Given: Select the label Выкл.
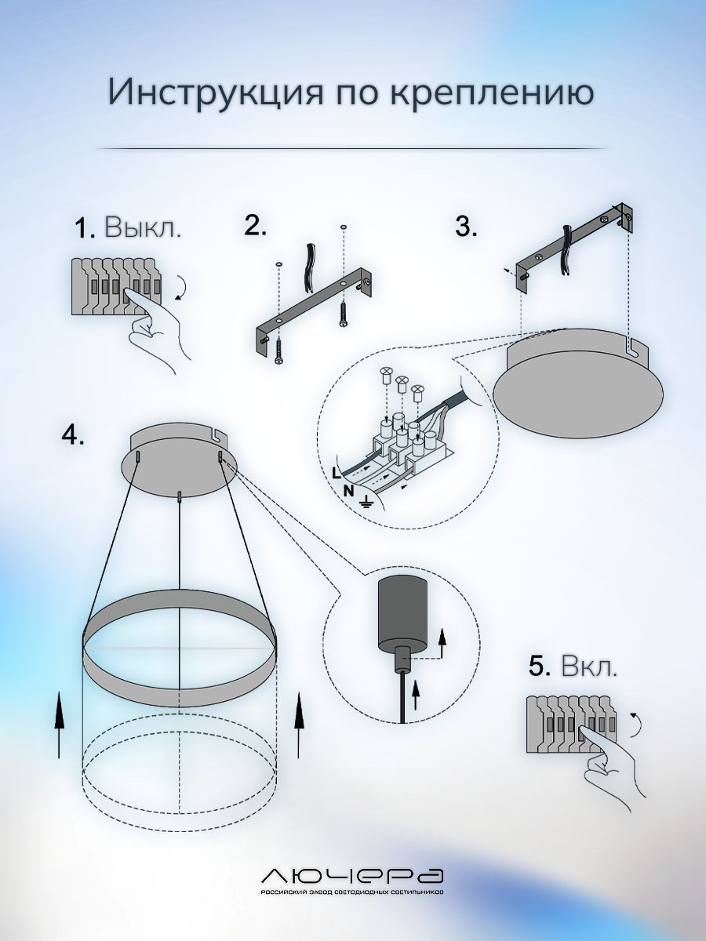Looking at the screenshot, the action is pyautogui.click(x=142, y=227).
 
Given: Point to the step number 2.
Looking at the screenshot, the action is pyautogui.click(x=255, y=225).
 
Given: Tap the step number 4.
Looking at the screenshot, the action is pyautogui.click(x=73, y=435).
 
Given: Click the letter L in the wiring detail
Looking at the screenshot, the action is pyautogui.click(x=337, y=474).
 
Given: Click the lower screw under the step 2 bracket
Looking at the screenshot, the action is pyautogui.click(x=279, y=351).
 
